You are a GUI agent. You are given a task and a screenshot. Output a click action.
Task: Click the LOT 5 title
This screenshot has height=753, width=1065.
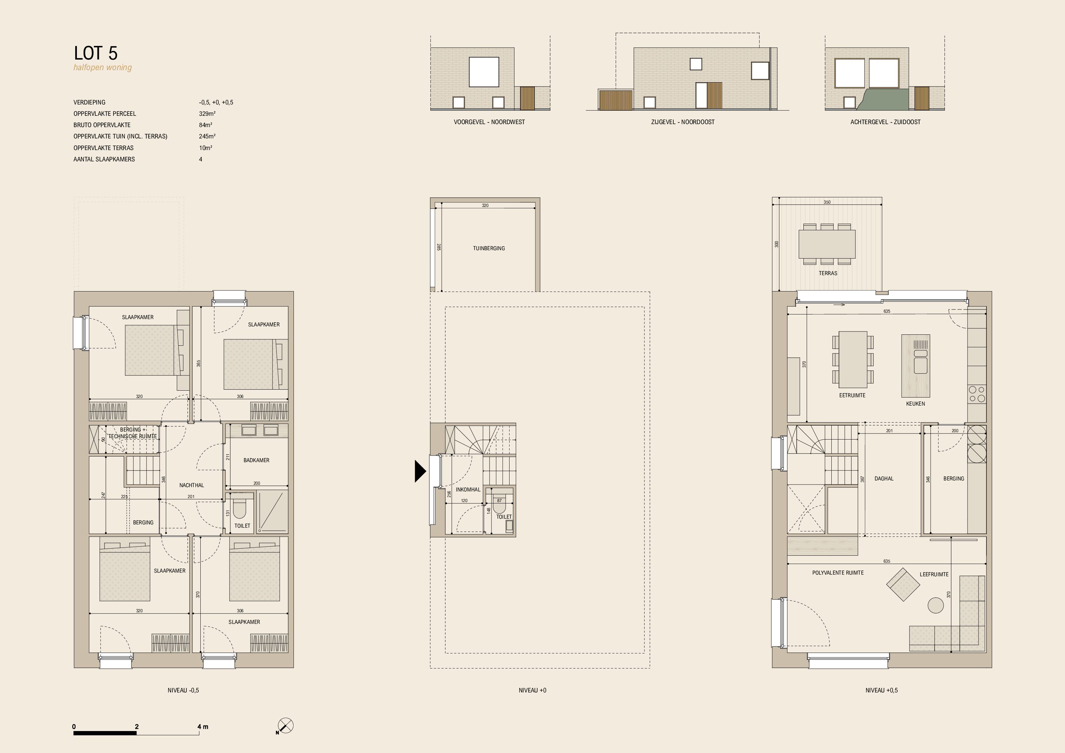click(x=96, y=53)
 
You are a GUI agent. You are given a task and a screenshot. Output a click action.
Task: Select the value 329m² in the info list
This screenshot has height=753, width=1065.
click(x=207, y=113)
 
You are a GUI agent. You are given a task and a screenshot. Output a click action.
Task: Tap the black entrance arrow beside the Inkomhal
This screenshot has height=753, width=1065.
click(x=420, y=471)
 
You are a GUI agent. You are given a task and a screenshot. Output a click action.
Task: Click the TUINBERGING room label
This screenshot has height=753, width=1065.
click(x=489, y=249)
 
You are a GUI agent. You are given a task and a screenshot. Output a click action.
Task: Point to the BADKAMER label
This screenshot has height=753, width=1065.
click(x=257, y=461)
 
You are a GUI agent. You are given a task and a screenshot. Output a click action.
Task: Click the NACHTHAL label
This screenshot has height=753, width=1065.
click(x=192, y=485)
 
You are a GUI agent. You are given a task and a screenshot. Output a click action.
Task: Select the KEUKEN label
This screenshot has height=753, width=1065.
click(x=916, y=404)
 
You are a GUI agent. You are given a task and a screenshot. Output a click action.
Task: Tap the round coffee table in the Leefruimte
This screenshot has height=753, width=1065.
click(x=936, y=605)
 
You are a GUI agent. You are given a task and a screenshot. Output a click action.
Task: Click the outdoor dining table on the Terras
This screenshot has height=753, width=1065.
click(x=827, y=244)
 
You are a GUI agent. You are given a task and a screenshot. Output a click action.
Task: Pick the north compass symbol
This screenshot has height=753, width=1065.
click(x=285, y=726)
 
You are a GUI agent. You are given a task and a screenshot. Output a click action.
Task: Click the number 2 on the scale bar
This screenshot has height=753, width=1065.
click(x=137, y=727)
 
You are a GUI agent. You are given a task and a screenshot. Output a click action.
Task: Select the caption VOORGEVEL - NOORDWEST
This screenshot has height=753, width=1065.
click(x=489, y=122)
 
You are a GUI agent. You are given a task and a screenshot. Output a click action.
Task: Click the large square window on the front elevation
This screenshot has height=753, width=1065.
click(x=484, y=72)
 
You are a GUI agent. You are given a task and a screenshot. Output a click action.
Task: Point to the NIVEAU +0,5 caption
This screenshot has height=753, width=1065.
click(x=881, y=690)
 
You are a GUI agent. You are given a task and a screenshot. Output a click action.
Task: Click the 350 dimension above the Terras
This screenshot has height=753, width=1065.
click(x=827, y=202)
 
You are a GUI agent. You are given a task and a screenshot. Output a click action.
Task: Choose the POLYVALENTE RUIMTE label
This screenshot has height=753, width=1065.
click(x=838, y=573)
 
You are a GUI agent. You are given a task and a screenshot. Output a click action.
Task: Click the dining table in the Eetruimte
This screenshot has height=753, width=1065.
click(x=853, y=359)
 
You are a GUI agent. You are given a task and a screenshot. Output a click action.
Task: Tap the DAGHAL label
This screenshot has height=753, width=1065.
click(x=884, y=478)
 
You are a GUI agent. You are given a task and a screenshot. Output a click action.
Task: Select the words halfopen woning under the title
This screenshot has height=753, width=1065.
click(x=103, y=68)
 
